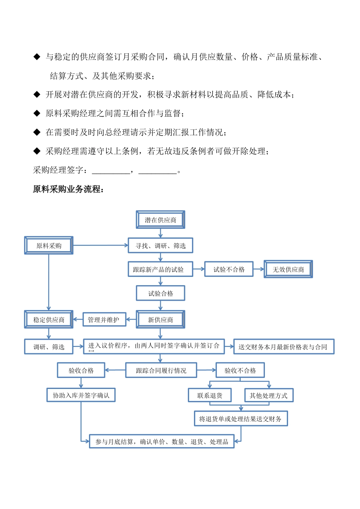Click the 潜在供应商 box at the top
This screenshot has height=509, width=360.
click(x=160, y=220)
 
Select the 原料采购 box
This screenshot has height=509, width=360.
click(x=49, y=246)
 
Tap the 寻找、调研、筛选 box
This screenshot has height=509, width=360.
click(x=160, y=246)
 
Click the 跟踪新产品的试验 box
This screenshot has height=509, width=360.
click(x=160, y=270)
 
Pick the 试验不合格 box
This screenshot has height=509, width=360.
click(x=229, y=270)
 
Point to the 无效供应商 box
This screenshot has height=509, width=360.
click(x=288, y=270)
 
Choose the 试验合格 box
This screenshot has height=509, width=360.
click(x=160, y=294)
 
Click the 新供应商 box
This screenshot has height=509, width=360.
click(x=160, y=320)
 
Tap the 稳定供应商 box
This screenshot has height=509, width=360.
click(x=49, y=320)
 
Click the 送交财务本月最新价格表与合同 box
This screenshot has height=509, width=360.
click(x=283, y=347)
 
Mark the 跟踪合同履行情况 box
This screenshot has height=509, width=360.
click(x=161, y=370)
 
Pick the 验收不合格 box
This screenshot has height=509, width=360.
click(x=240, y=370)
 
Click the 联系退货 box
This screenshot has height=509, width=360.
click(x=210, y=395)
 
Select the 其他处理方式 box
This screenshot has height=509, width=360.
click(x=269, y=395)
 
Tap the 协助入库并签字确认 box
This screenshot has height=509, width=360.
click(x=81, y=395)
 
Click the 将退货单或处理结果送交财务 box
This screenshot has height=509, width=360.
click(x=241, y=419)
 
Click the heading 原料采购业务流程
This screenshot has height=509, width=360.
click(x=68, y=189)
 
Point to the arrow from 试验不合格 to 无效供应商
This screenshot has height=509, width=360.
click(x=258, y=269)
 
